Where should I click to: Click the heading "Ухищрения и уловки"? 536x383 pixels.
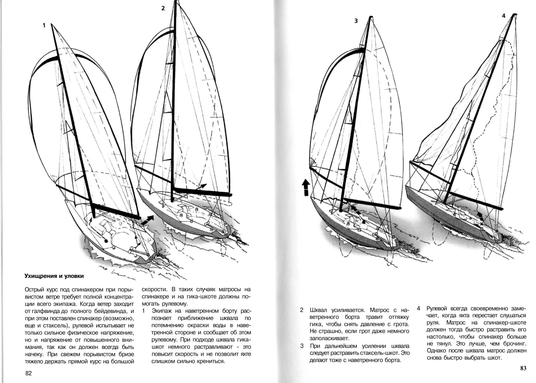tap(54, 276)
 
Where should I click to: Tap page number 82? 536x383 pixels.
tap(28, 373)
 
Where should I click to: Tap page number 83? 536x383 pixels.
tap(523, 368)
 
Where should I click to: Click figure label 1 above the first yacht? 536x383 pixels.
tap(44, 25)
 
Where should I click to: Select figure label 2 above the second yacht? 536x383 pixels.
tap(163, 8)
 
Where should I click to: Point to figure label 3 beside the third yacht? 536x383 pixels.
tap(356, 21)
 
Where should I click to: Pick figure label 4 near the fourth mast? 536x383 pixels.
tap(503, 16)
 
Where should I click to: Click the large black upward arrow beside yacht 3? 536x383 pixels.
tap(306, 187)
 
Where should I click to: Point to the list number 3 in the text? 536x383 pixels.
tap(302, 346)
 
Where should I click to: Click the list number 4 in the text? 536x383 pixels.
tap(418, 308)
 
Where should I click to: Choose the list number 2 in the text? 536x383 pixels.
tap(302, 310)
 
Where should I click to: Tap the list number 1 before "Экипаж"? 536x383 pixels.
tap(144, 311)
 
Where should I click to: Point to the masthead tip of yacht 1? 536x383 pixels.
tap(51, 24)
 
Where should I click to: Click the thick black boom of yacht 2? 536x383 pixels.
tap(202, 192)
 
